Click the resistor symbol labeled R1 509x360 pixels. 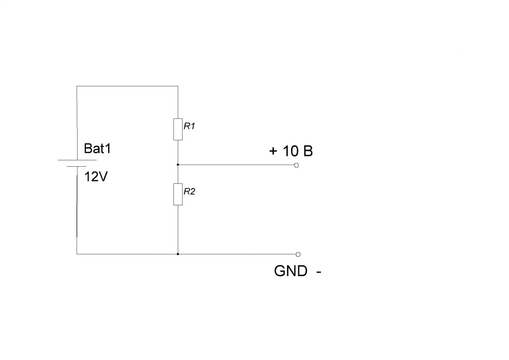178,129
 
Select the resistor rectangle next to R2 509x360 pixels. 178,194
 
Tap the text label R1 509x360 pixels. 189,126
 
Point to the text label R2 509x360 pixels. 189,192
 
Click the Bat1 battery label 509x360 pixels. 97,149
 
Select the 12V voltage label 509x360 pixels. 96,177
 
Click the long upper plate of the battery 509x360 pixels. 77,160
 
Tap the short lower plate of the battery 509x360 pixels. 77,166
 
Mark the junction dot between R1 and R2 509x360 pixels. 178,164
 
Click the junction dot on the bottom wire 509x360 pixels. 178,254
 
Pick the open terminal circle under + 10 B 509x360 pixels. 296,165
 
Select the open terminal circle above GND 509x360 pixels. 298,254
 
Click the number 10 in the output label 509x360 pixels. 290,151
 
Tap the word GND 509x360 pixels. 290,271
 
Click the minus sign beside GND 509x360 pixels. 319,272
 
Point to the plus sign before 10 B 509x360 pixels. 273,151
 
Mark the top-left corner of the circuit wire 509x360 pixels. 77,86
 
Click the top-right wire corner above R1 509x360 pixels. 178,86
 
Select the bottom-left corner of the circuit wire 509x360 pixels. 77,254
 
